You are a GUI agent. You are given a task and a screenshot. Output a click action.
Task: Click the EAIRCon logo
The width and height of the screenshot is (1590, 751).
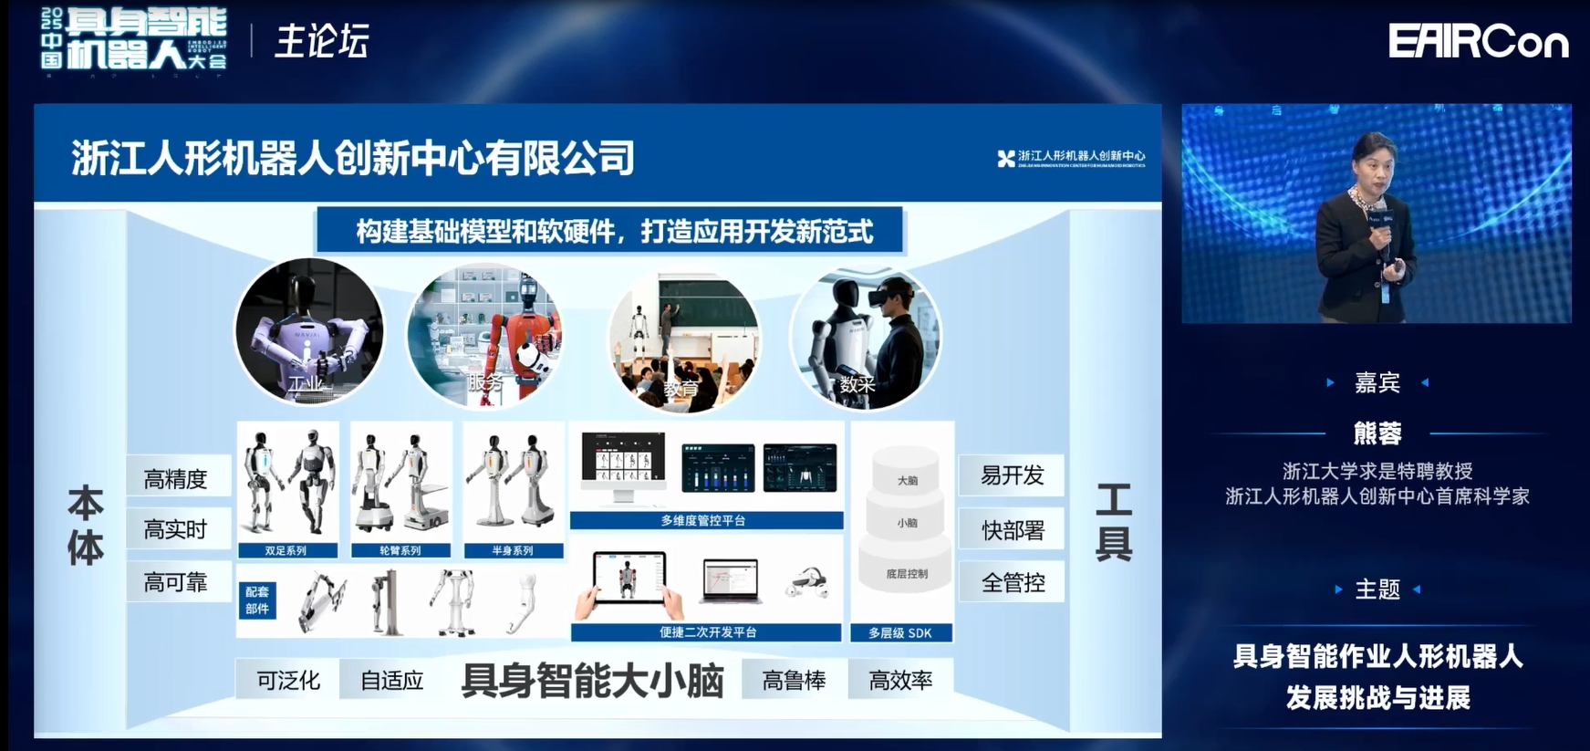pos(1478,42)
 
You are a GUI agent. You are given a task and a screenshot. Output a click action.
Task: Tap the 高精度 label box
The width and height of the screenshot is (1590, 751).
pos(177,478)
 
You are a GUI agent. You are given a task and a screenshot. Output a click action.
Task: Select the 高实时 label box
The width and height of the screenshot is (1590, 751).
pos(177,529)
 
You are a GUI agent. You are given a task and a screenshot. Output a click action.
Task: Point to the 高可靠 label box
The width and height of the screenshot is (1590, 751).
pos(177,582)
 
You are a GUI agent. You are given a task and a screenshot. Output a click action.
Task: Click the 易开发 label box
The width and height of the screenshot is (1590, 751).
pos(1012,475)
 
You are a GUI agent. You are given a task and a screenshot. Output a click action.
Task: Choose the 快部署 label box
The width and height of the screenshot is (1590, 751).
pos(1012,530)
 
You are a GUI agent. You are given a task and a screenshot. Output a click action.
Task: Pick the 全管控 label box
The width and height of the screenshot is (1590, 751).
pos(1012,582)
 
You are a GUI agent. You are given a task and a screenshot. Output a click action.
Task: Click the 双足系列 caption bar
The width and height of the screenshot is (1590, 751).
pos(286,550)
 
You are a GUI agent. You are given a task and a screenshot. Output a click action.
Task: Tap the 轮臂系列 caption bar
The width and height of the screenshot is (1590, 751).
pos(400,550)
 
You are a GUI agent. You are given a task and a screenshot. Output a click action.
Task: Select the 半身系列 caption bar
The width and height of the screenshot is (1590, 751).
pos(513,550)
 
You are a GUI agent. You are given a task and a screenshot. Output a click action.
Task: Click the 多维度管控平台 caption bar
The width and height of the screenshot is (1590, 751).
pos(705,520)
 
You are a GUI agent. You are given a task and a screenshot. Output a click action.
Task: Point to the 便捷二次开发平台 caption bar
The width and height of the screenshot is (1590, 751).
pos(707,631)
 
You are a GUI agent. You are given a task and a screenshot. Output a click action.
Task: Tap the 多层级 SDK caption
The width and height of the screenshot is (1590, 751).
pos(900,632)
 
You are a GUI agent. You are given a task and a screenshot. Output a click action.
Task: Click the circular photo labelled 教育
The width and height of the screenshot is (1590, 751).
pos(684,339)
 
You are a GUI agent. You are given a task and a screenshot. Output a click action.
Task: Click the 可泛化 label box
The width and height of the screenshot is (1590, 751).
pos(288,680)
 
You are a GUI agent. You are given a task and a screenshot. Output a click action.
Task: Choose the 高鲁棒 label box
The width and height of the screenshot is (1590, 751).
pos(794,680)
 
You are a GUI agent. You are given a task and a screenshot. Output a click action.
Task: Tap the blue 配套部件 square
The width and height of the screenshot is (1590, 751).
pos(257,600)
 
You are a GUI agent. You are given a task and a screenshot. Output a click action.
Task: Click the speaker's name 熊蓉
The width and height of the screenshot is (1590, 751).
pos(1377,433)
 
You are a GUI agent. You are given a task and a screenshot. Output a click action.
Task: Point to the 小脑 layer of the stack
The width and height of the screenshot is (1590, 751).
pos(906,523)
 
